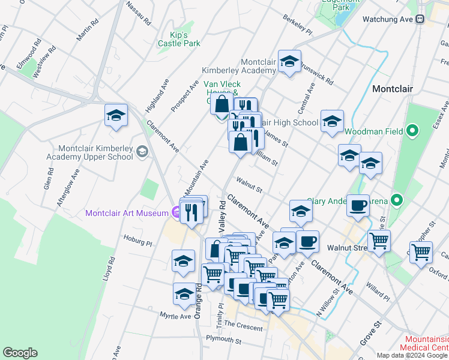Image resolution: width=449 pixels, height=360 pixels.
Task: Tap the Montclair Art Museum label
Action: pos(127,213)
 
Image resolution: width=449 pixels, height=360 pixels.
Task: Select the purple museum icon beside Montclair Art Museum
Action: pos(175,212)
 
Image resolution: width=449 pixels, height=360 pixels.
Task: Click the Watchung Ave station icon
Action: pos(420,19)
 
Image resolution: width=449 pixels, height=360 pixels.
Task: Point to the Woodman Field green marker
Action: pos(412,130)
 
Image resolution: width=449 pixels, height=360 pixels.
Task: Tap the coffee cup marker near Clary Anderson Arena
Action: pos(358,205)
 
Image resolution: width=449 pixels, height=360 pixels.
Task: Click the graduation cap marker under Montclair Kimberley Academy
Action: pos(289,62)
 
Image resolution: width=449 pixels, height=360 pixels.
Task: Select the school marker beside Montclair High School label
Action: pos(332,122)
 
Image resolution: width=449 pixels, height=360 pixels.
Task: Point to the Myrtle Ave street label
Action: pos(175,316)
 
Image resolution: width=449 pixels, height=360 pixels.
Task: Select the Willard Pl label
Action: pos(379,293)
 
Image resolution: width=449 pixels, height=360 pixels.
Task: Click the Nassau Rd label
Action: pos(139,13)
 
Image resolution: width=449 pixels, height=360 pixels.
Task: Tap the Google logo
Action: pos(20,353)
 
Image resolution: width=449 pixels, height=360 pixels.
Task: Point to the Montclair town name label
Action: pos(393,89)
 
